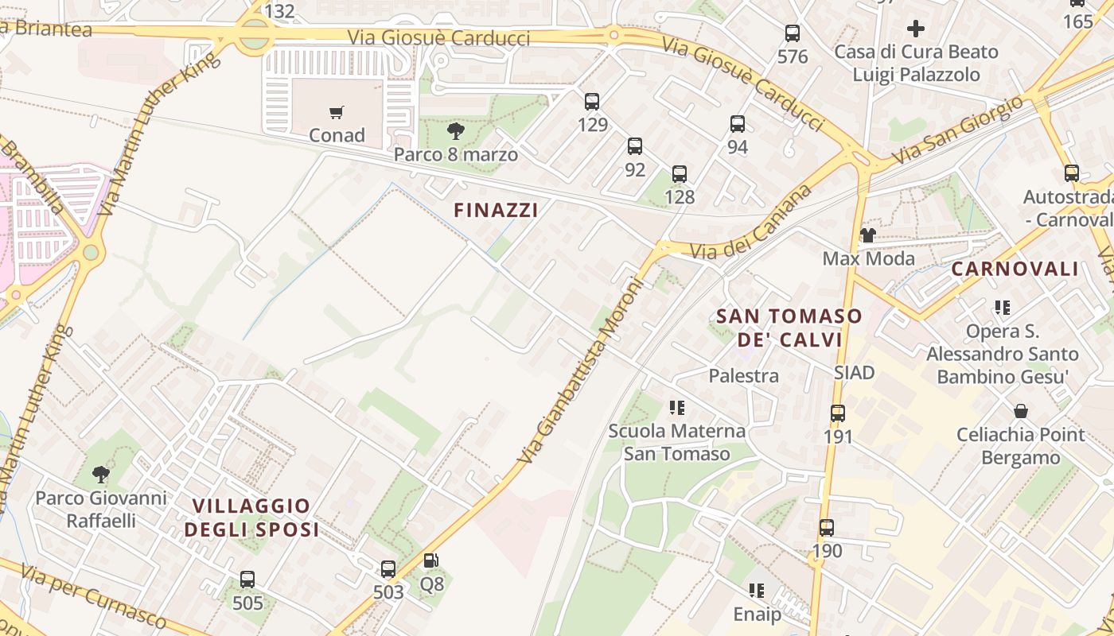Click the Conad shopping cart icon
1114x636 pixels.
click(337, 112)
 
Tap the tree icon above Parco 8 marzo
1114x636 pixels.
click(456, 131)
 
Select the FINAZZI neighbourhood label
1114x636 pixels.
click(496, 210)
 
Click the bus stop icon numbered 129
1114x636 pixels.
click(592, 102)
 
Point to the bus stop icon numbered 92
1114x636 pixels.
click(635, 146)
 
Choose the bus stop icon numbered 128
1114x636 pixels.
click(680, 174)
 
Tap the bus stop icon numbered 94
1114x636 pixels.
click(738, 124)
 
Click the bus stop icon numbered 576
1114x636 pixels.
click(793, 33)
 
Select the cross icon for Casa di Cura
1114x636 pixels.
click(916, 29)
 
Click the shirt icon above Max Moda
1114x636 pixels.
click(868, 235)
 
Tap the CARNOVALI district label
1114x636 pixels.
click(1015, 269)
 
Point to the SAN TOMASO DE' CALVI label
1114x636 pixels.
click(789, 328)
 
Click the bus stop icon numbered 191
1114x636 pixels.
click(838, 413)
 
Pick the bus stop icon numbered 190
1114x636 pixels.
click(827, 528)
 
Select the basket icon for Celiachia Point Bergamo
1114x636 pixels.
click(1021, 411)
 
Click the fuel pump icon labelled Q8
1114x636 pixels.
click(431, 561)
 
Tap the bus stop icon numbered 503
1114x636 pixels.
click(388, 569)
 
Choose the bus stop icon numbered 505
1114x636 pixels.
click(247, 580)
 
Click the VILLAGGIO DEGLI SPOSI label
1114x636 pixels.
click(251, 518)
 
